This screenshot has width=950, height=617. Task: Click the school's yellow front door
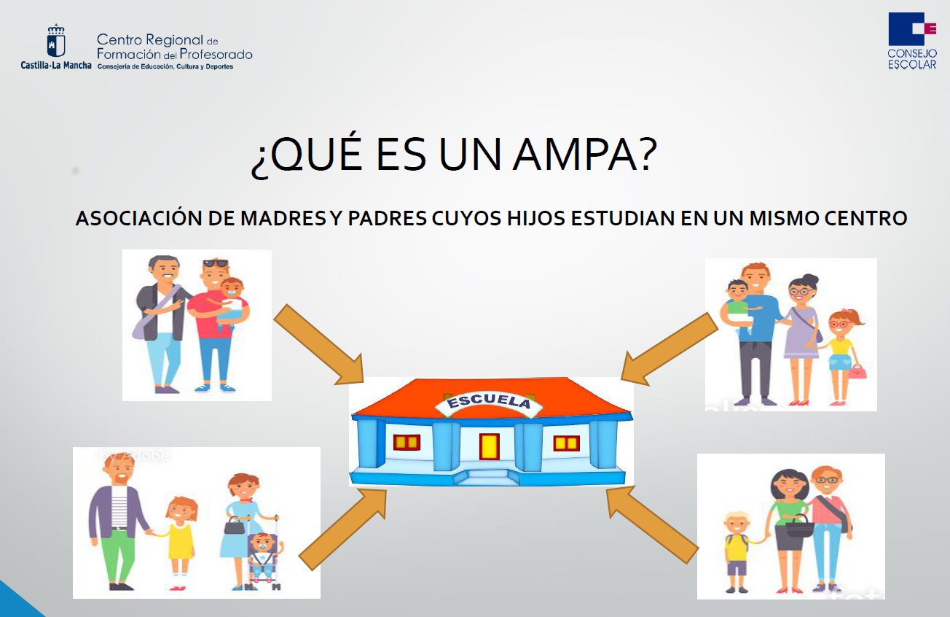(x=489, y=446)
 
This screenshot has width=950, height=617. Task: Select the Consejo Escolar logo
(x=911, y=41)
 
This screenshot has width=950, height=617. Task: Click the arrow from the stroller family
(x=343, y=527)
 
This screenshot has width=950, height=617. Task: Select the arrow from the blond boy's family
(x=652, y=524)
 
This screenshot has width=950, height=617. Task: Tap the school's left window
(x=407, y=442)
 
